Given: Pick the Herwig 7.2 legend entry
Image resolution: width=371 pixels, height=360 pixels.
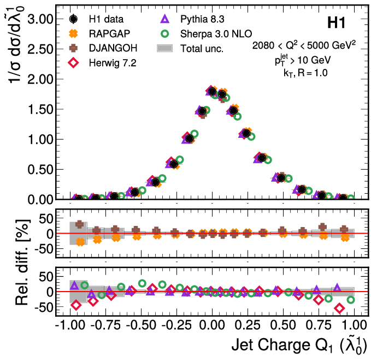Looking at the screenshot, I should click(x=112, y=63).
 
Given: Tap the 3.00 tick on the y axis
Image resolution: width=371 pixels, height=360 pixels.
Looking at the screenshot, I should click(x=39, y=19).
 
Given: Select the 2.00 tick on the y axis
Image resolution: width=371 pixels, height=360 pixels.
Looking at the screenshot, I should click(x=39, y=79).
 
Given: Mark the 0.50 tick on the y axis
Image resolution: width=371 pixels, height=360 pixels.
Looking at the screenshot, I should click(x=39, y=169).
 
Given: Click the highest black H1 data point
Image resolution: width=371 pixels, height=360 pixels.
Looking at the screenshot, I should click(x=213, y=91).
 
